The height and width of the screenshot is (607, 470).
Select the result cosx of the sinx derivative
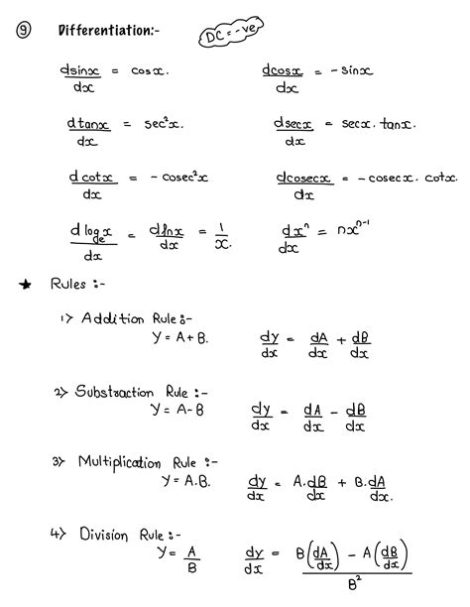(x=150, y=71)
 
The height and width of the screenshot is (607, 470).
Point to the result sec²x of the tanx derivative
(x=164, y=125)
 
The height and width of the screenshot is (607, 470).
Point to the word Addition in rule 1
(x=113, y=318)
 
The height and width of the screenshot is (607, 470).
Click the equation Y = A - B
(x=178, y=409)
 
